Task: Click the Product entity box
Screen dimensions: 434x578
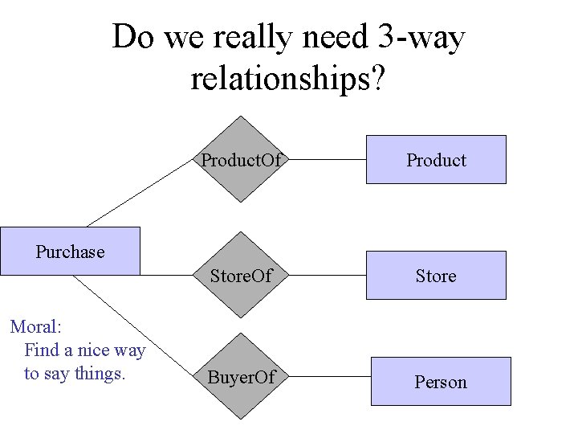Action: (x=436, y=160)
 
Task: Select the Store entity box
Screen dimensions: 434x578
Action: (x=436, y=276)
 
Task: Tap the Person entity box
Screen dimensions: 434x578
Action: (x=440, y=382)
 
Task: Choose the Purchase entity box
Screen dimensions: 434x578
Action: (x=70, y=251)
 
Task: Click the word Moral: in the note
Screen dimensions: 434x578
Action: (x=36, y=327)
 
